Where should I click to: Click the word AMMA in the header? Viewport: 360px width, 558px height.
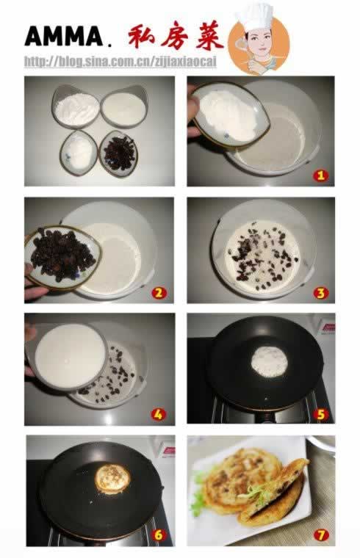pyautogui.click(x=64, y=36)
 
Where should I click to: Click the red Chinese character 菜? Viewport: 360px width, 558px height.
pyautogui.click(x=209, y=37)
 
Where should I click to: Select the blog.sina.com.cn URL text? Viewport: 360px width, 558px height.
pyautogui.click(x=120, y=62)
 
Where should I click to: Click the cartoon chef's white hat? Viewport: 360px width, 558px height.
pyautogui.click(x=255, y=15)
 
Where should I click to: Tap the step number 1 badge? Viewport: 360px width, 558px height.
pyautogui.click(x=320, y=175)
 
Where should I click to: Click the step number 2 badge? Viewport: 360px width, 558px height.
pyautogui.click(x=159, y=292)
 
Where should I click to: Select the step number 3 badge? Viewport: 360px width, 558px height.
pyautogui.click(x=320, y=293)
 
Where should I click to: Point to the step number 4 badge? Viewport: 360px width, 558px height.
pyautogui.click(x=158, y=414)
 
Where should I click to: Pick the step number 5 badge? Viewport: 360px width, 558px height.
pyautogui.click(x=320, y=414)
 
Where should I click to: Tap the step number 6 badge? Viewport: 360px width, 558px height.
pyautogui.click(x=159, y=535)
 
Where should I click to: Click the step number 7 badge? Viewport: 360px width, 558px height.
pyautogui.click(x=321, y=535)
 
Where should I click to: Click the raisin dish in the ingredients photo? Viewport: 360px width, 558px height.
pyautogui.click(x=118, y=153)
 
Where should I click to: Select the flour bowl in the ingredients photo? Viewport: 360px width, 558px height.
pyautogui.click(x=76, y=106)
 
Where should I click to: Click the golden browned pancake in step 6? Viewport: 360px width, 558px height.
pyautogui.click(x=112, y=479)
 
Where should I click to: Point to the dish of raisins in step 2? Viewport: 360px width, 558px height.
pyautogui.click(x=62, y=256)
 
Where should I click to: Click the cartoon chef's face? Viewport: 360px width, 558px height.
pyautogui.click(x=260, y=41)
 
